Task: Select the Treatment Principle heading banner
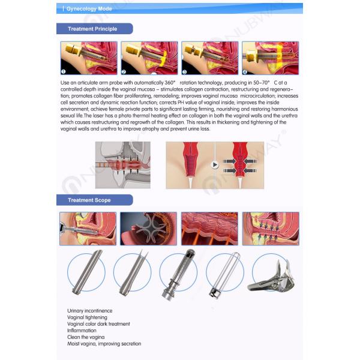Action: pos(92,29)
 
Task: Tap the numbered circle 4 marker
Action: pos(245,71)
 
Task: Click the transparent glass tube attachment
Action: pos(222,274)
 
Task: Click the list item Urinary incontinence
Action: pos(90,310)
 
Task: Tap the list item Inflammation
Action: pos(82,330)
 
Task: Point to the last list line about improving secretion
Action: pos(104,344)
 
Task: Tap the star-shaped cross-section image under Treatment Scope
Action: pos(148,229)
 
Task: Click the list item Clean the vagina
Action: pos(86,337)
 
